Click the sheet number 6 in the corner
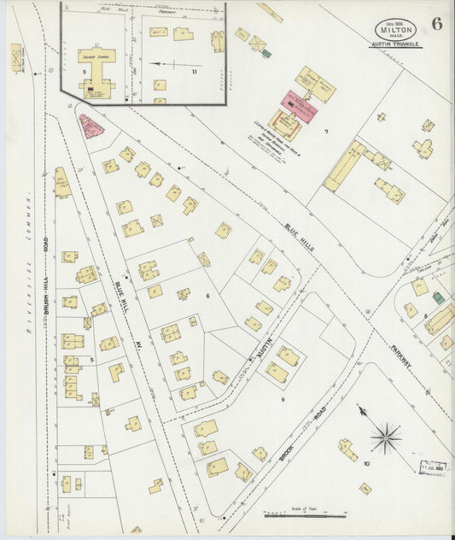coord(436,24)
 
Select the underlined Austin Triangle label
coord(394,44)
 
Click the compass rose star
coord(386,438)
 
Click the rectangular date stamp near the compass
coord(433,467)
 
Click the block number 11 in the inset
coord(194,72)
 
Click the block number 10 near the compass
coord(365,464)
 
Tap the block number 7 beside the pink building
coord(325,132)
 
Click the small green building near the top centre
coord(266,53)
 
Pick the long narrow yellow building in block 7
coord(344,166)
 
